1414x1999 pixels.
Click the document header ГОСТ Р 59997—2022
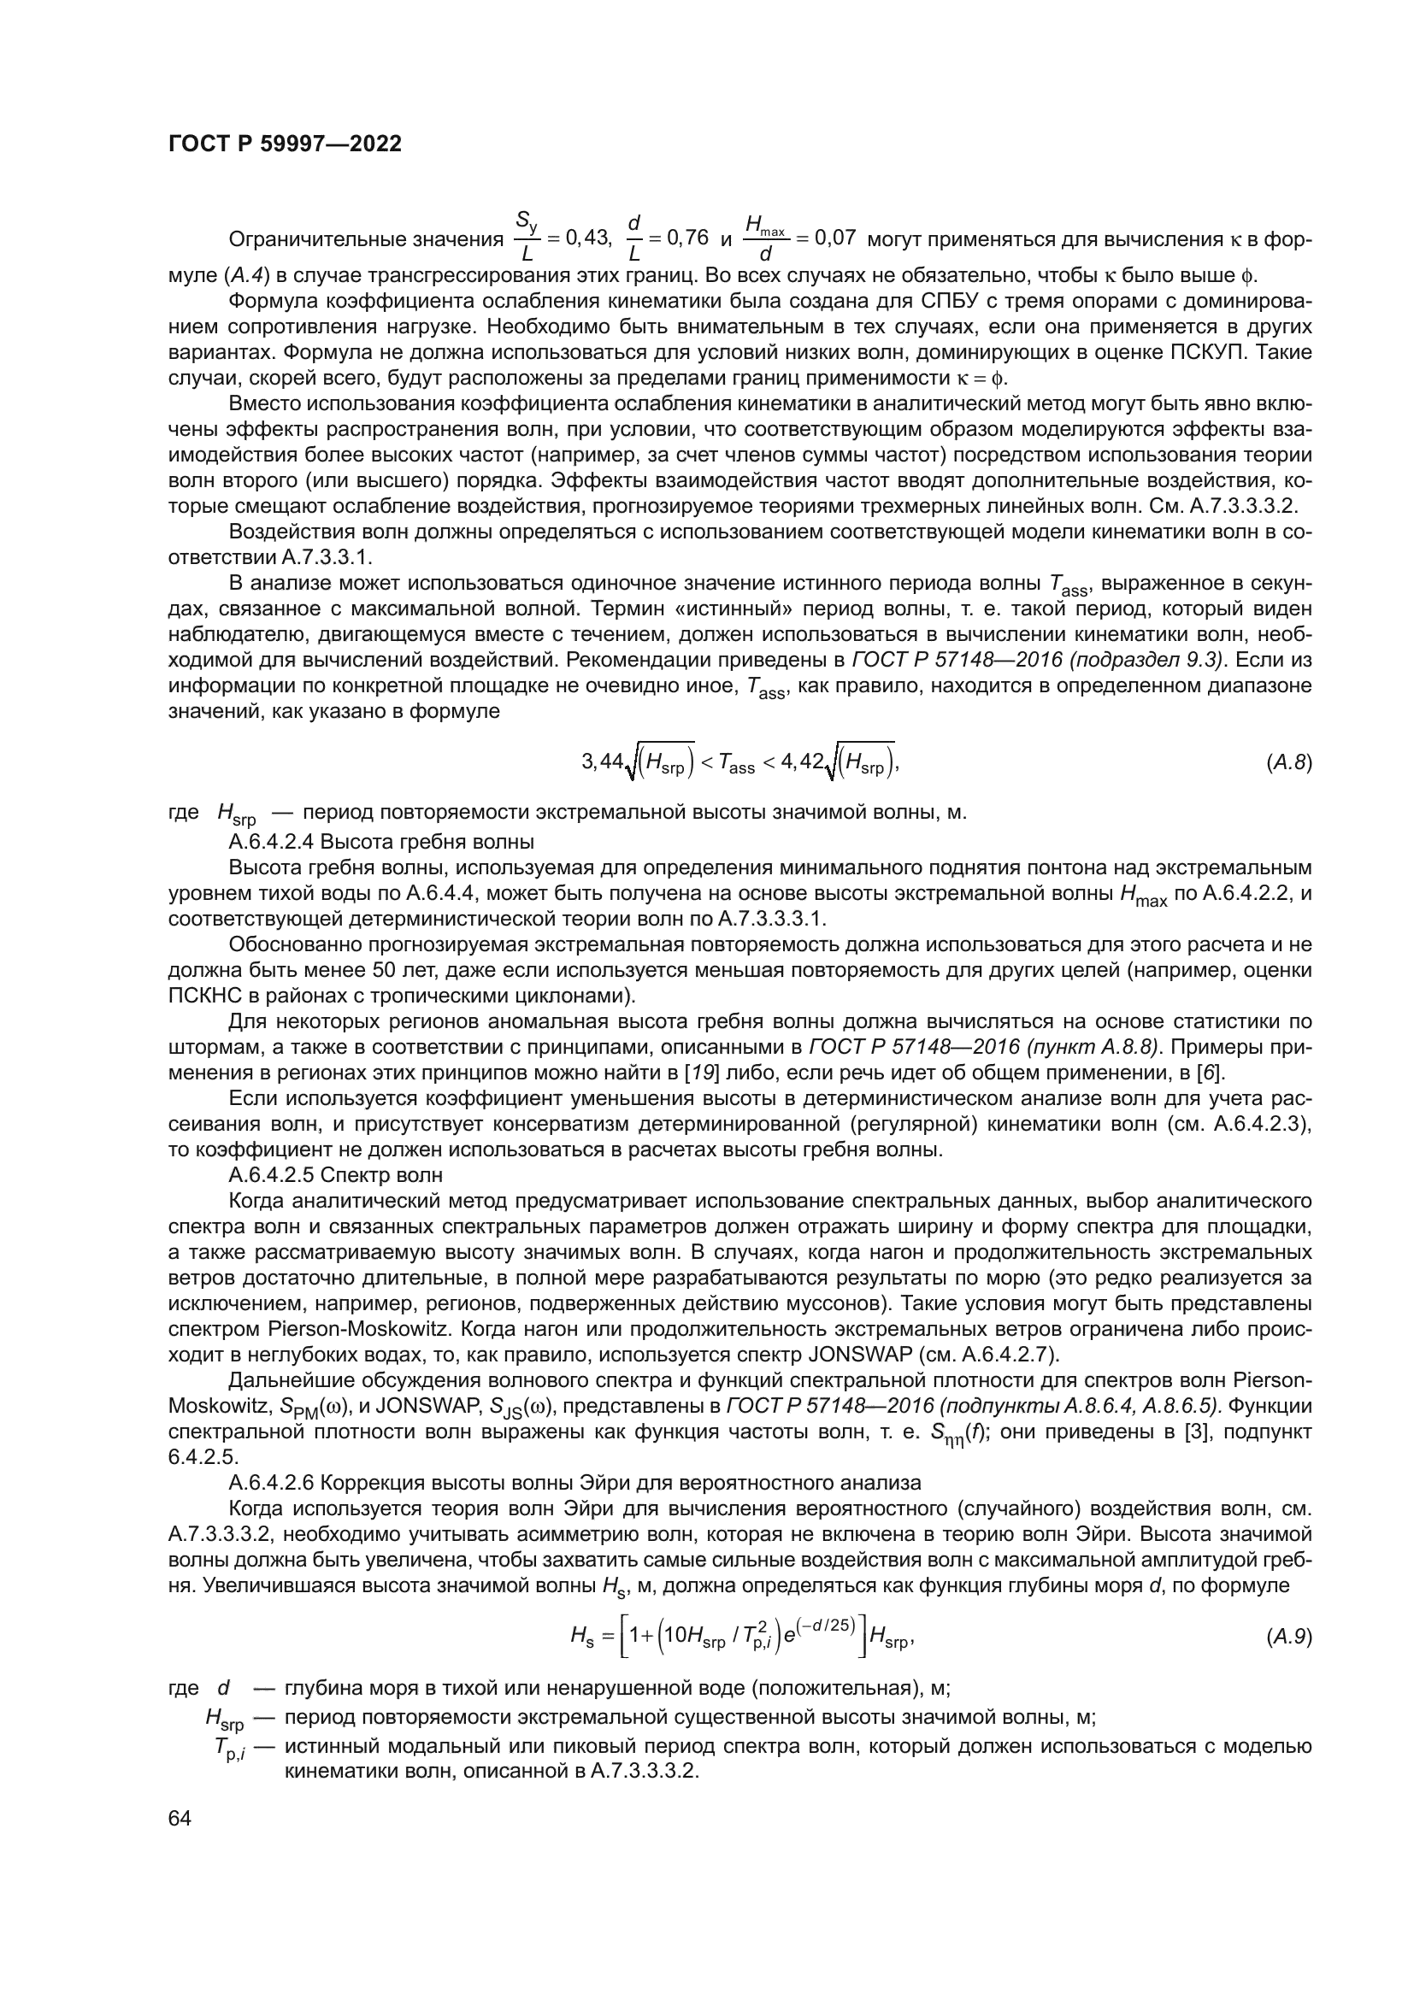(285, 144)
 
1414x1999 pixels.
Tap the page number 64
(180, 1818)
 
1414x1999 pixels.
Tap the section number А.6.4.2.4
(271, 842)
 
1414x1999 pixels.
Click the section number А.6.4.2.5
(271, 1175)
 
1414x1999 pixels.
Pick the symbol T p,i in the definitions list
(230, 1748)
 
